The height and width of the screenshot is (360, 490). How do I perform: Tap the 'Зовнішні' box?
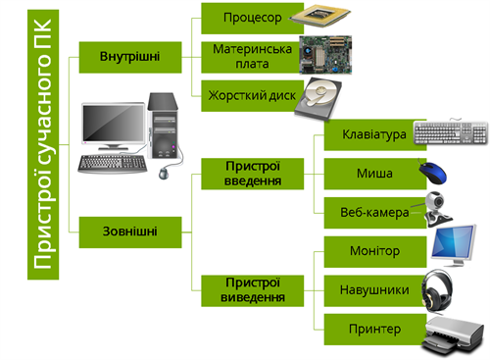pyautogui.click(x=129, y=232)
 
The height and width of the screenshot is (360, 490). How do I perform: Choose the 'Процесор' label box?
pyautogui.click(x=251, y=19)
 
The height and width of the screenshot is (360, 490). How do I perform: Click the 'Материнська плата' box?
pyautogui.click(x=251, y=56)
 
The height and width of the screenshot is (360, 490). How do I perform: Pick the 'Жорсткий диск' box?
pyautogui.click(x=251, y=95)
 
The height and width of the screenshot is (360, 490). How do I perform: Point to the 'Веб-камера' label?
pyautogui.click(x=367, y=212)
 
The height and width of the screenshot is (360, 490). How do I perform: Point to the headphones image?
pyautogui.click(x=441, y=290)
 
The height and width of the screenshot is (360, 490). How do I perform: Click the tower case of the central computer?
pyautogui.click(x=163, y=124)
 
